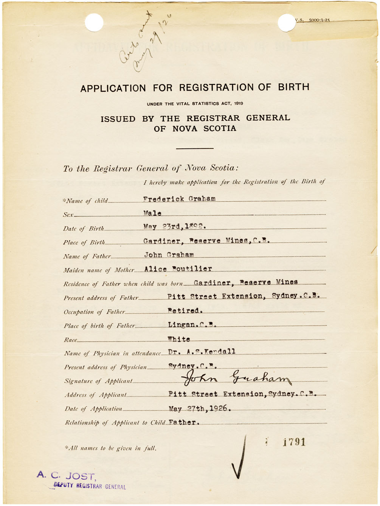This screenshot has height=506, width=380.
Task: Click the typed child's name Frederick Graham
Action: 179,199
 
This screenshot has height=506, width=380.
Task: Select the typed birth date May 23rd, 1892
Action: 174,226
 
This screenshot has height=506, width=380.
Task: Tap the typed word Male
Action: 152,214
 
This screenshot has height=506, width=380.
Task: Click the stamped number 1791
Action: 294,442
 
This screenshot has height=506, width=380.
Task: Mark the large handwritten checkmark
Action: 239,460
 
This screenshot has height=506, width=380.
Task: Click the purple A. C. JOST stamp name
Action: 66,475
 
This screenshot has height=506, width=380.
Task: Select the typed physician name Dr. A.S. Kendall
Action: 202,351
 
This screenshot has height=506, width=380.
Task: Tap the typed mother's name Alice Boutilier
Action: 178,269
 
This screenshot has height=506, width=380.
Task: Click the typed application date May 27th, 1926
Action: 200,409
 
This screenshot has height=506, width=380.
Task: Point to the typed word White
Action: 179,339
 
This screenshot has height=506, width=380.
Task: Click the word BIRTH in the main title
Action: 293,87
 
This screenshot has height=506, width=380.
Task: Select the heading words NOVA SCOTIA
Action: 204,129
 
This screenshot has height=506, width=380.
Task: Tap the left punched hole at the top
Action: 94,22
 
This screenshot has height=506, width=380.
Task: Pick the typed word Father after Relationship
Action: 184,422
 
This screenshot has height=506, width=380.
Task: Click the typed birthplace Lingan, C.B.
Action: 192,325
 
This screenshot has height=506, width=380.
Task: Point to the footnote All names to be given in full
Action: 110,448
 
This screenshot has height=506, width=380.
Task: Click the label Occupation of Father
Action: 94,312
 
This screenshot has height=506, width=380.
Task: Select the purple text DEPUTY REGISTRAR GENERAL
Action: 90,486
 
